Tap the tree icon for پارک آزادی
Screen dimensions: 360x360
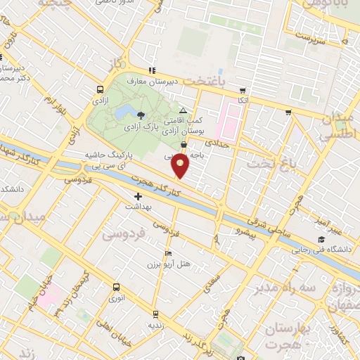pyautogui.click(x=141, y=115)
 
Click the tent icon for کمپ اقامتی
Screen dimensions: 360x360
pyautogui.click(x=184, y=111)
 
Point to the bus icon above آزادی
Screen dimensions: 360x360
pyautogui.click(x=100, y=90)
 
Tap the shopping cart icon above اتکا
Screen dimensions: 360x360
pyautogui.click(x=243, y=91)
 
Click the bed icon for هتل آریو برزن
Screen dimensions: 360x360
pyautogui.click(x=167, y=253)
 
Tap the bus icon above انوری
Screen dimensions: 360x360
pyautogui.click(x=117, y=287)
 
